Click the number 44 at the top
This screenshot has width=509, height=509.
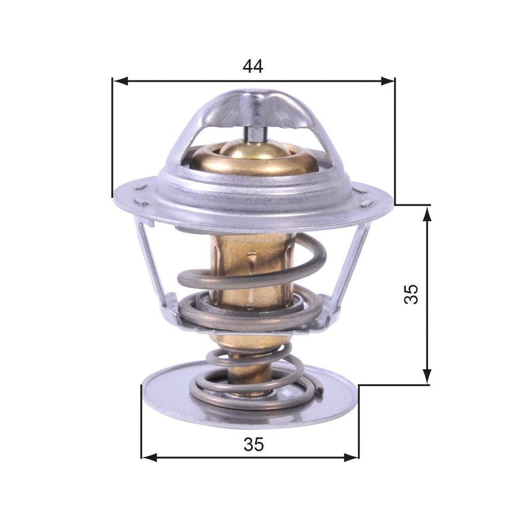click(x=253, y=66)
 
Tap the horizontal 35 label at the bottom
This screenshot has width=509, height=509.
click(x=254, y=444)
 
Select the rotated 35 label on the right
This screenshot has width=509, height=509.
click(x=411, y=294)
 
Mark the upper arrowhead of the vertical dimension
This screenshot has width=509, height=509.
click(x=427, y=213)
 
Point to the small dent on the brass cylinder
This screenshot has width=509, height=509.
click(x=251, y=261)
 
